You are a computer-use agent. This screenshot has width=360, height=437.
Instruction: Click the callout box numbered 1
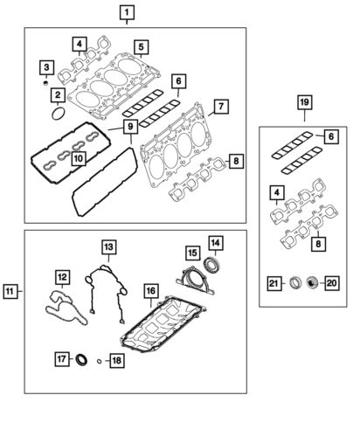(128, 12)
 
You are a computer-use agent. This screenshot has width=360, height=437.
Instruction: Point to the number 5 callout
(141, 45)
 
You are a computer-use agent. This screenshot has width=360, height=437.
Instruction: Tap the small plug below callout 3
(45, 83)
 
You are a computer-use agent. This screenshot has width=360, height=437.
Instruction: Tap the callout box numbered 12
(62, 278)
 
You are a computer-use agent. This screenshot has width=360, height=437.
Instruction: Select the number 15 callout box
(191, 253)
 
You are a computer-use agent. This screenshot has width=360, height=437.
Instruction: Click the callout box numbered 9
(129, 127)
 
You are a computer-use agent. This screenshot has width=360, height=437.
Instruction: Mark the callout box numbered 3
(48, 66)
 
